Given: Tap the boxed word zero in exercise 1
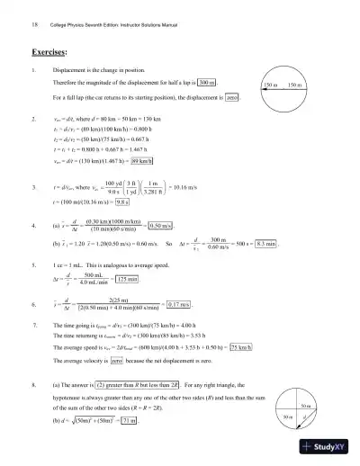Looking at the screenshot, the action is (230, 96).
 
